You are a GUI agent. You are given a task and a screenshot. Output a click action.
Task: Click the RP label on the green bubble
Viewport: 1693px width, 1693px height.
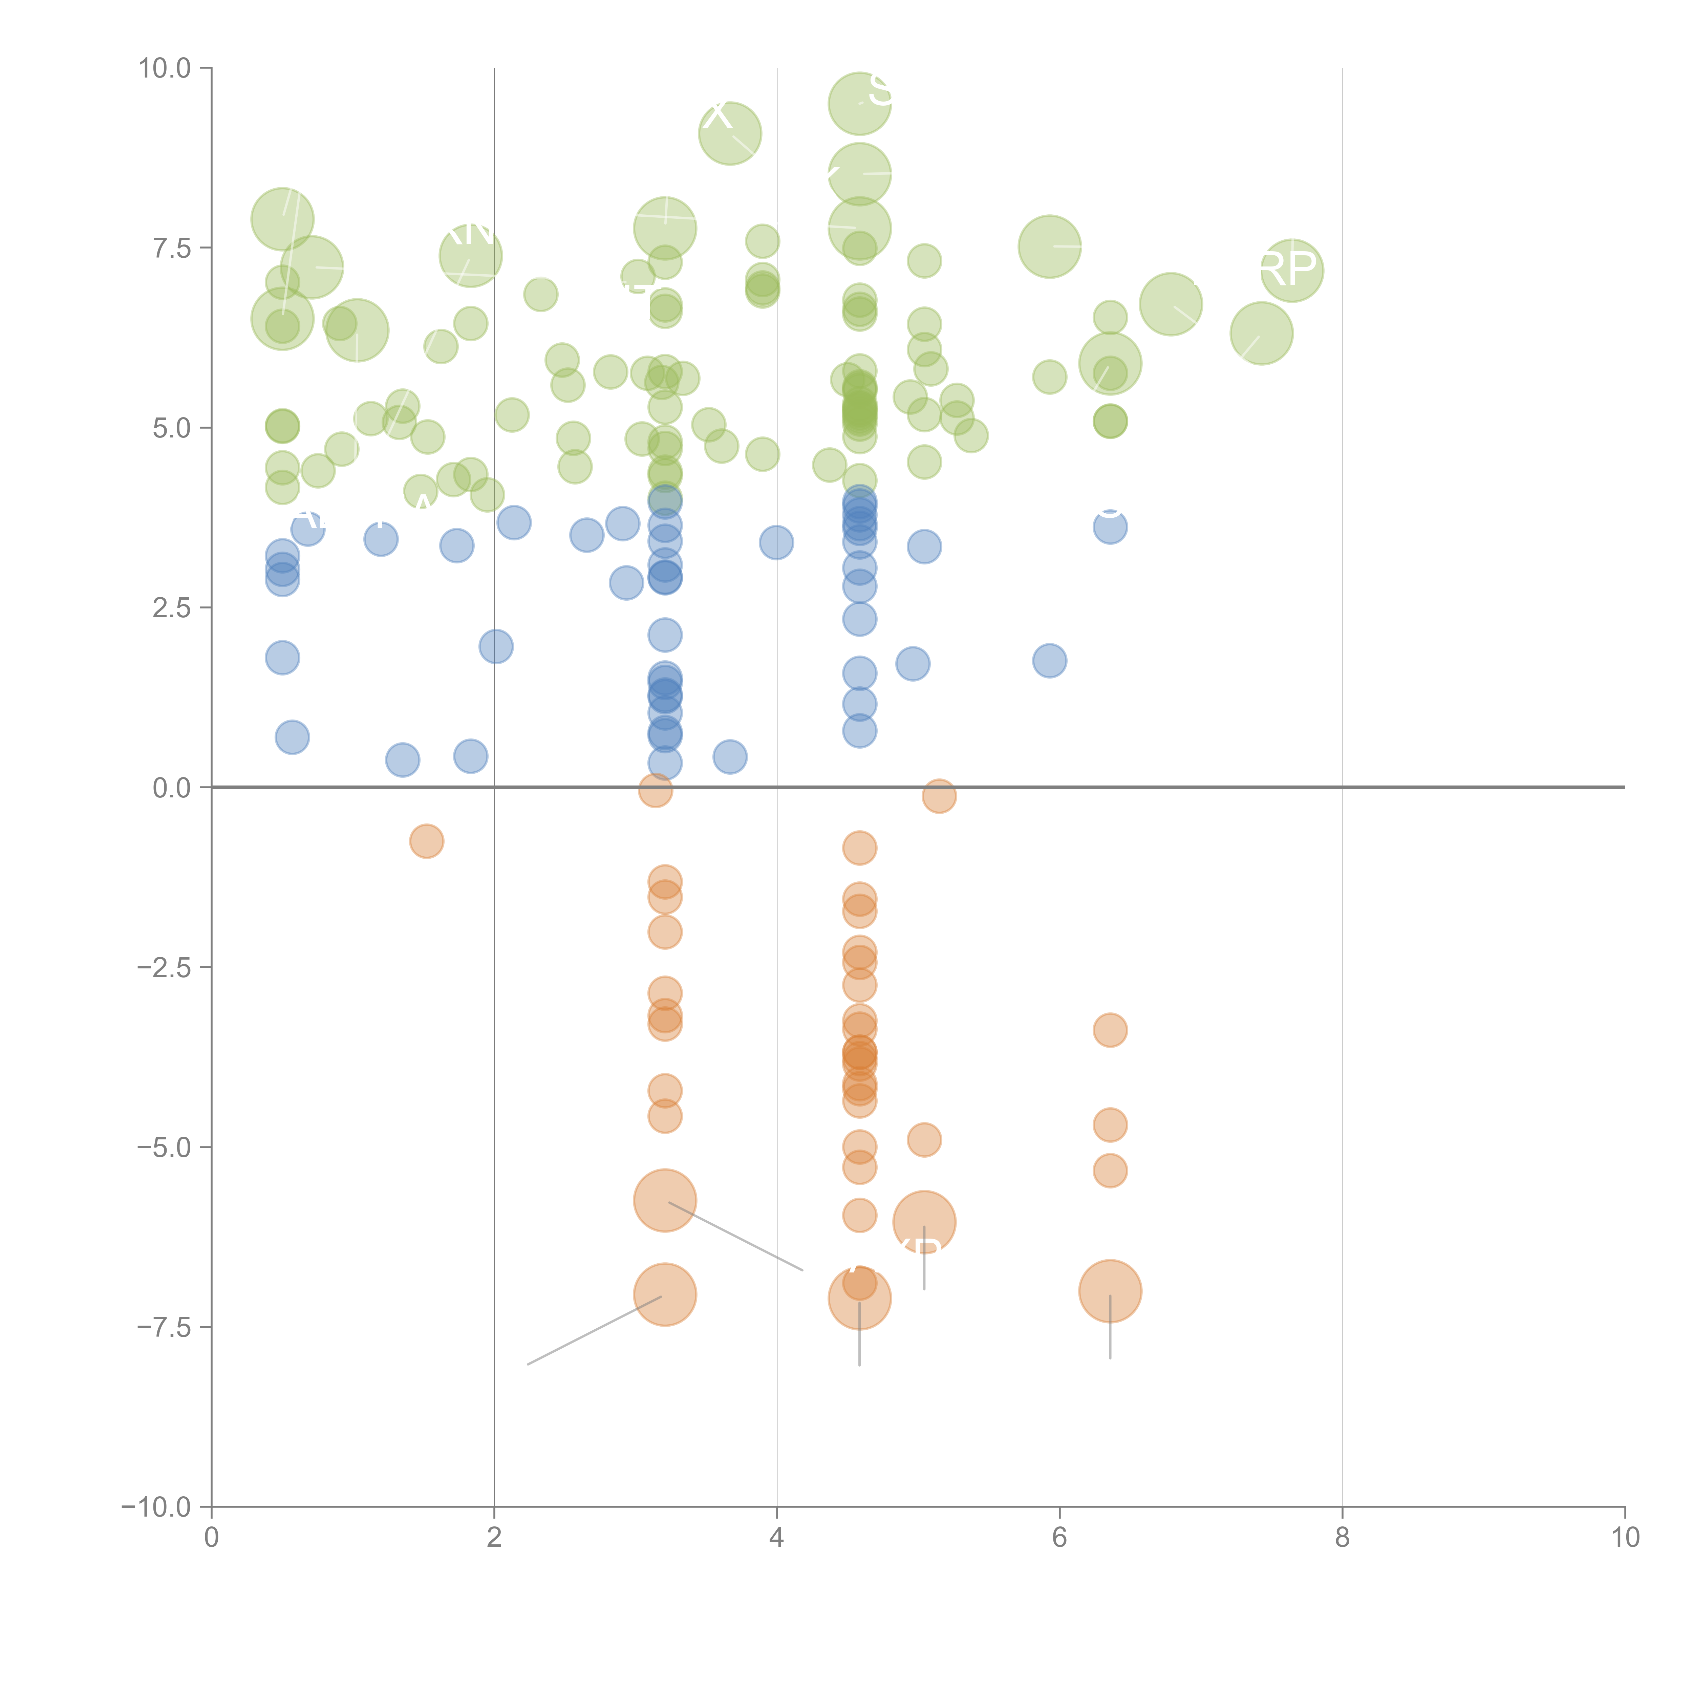(1288, 269)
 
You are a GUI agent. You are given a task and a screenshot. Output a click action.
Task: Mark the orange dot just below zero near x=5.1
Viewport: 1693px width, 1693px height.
(939, 796)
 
